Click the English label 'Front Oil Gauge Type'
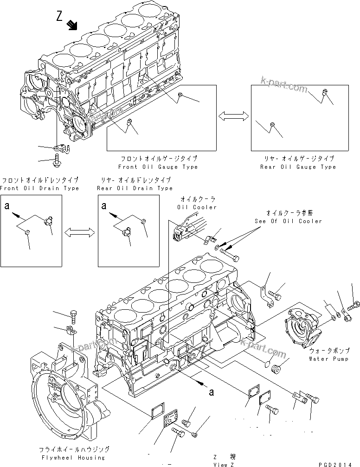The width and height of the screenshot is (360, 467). [158, 167]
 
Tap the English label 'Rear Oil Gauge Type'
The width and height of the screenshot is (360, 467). [298, 167]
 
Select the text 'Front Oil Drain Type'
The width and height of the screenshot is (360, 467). [39, 188]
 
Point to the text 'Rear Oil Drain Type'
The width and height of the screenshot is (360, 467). [135, 188]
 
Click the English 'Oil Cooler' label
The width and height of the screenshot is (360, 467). [197, 207]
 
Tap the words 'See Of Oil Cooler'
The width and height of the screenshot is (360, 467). [288, 221]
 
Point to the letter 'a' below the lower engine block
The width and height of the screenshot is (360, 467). [212, 392]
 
